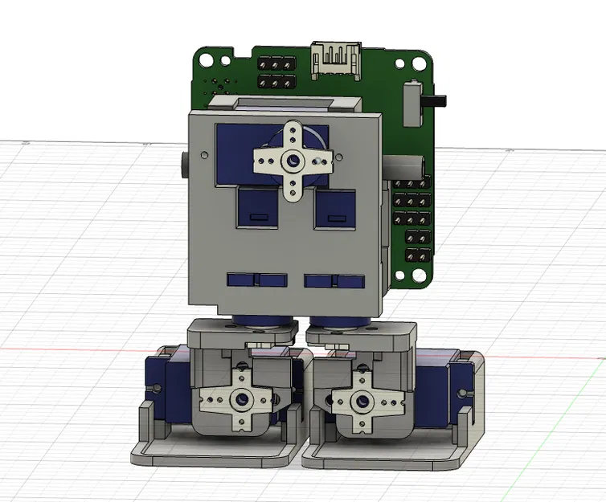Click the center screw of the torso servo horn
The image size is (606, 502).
point(291,161)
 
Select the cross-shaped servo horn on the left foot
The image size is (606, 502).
point(240,398)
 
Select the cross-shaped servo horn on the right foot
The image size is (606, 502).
point(361,399)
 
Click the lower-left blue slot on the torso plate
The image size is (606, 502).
point(256,280)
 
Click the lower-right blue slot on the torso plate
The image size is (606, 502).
point(333,281)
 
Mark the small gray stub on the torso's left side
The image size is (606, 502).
point(185,166)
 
